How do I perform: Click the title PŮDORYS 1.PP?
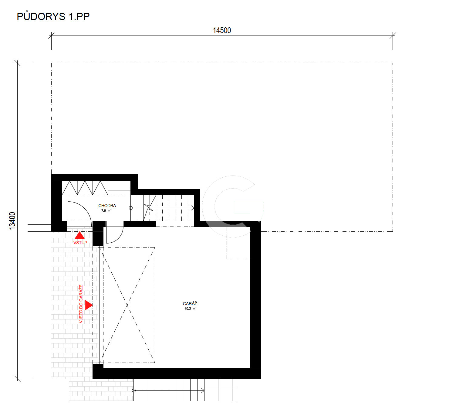pos(53,16)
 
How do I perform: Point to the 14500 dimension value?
pos(222,30)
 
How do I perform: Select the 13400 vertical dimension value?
pos(12,221)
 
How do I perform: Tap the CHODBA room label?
pos(107,206)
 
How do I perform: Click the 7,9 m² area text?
pos(106,210)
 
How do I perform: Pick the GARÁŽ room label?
pos(190,304)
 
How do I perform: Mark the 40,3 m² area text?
pos(190,309)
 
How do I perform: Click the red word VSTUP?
pos(80,243)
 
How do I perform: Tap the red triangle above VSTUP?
pos(79,235)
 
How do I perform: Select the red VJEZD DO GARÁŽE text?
pos(81,304)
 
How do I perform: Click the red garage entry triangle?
pos(89,305)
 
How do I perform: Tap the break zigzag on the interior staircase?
pos(149,207)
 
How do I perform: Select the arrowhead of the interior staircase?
pos(193,208)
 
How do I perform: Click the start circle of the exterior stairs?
pos(133,391)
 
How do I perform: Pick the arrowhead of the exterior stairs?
pos(203,391)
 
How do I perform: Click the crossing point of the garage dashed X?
pos(127,305)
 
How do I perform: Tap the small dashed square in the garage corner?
pos(238,243)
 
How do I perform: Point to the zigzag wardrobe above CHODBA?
pos(85,188)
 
